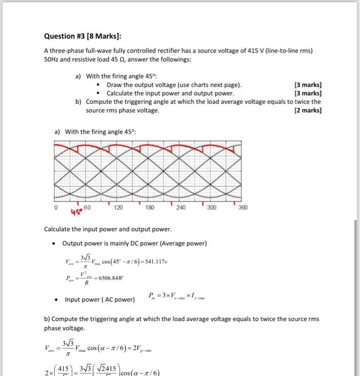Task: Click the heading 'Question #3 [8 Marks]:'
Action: point(82,36)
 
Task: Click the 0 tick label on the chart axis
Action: point(55,206)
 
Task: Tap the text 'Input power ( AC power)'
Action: point(100,299)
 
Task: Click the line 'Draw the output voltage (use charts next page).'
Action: point(174,85)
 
